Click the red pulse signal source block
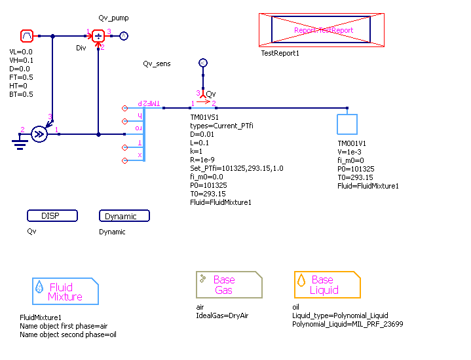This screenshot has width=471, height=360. (27, 35)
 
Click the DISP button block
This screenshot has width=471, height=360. (52, 216)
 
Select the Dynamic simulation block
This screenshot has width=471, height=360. (124, 216)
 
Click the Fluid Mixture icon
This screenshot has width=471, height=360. (65, 291)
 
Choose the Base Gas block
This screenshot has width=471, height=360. (229, 285)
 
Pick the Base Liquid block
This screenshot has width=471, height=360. (327, 285)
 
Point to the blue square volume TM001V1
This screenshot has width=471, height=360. (347, 124)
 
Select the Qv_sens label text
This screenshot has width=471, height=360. (157, 63)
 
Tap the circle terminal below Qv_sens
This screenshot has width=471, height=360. (202, 63)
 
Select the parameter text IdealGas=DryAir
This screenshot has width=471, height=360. (222, 315)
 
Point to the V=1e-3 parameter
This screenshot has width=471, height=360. (350, 151)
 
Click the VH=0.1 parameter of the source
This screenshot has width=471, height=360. (21, 60)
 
